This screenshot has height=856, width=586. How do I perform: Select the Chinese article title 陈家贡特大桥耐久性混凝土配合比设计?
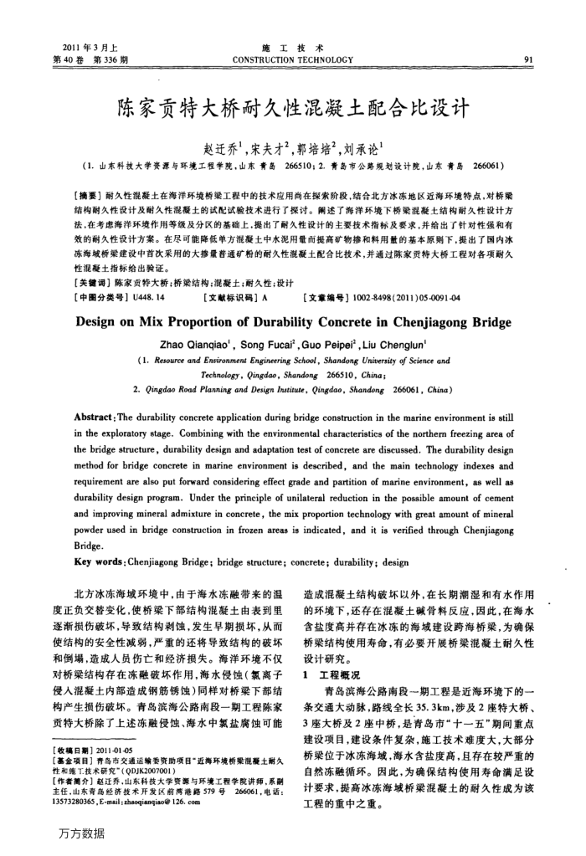point(292,107)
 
